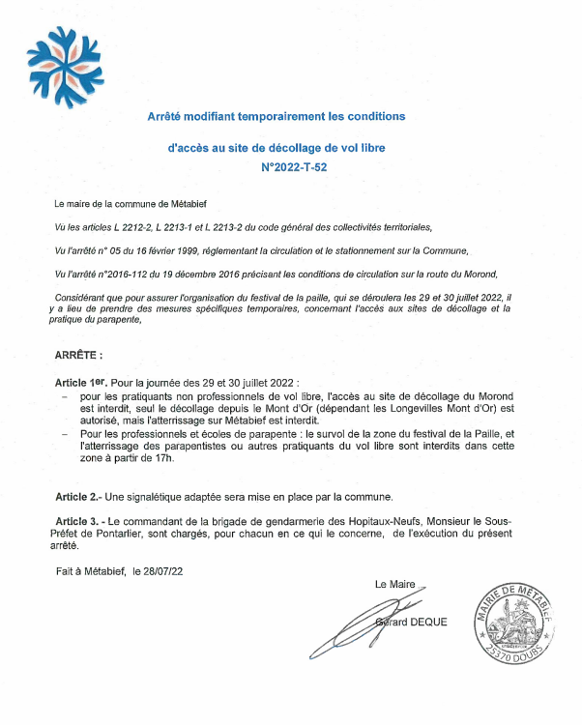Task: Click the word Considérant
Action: (x=81, y=296)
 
